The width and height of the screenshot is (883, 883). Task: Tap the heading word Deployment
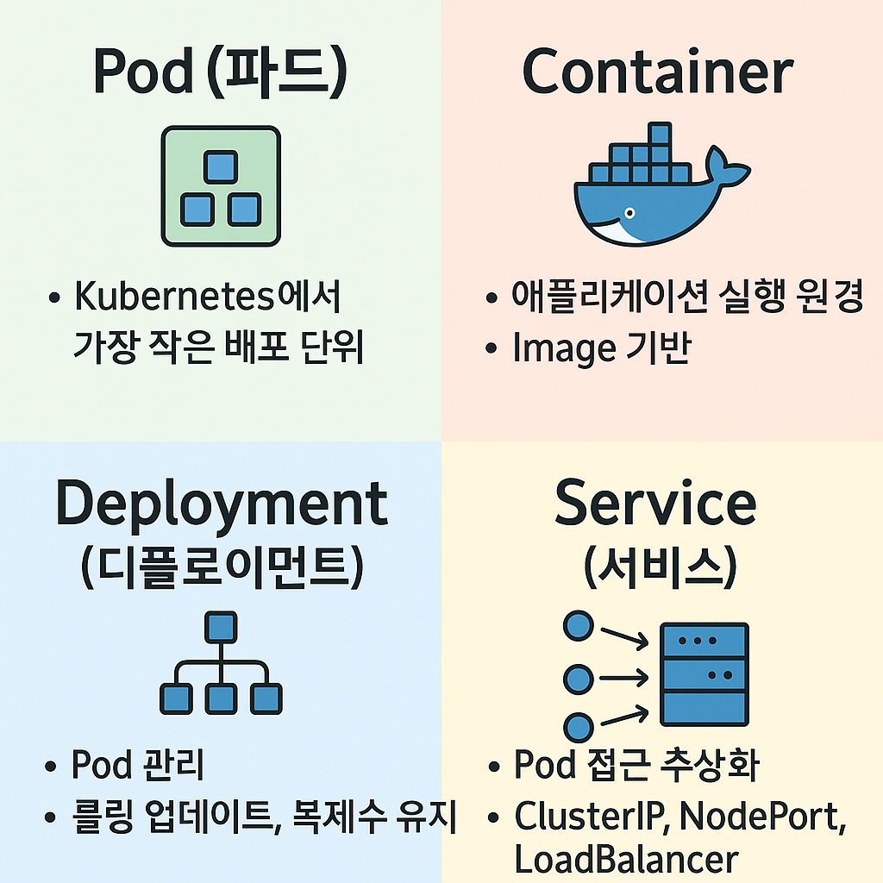(x=222, y=504)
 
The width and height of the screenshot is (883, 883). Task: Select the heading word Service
(x=655, y=504)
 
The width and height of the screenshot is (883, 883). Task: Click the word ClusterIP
(x=590, y=816)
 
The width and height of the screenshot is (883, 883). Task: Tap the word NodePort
(x=760, y=816)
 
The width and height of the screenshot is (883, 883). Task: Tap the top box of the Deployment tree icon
(x=221, y=627)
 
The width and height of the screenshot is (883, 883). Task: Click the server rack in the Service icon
(x=704, y=674)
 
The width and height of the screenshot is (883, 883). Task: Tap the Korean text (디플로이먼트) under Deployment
(x=222, y=568)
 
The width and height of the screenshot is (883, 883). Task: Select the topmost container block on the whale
(x=660, y=135)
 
